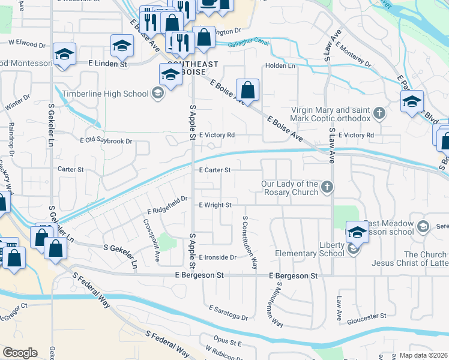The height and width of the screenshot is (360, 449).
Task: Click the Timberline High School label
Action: [105, 94]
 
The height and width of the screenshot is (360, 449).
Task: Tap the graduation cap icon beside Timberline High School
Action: [157, 92]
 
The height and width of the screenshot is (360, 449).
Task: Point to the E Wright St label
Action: [215, 205]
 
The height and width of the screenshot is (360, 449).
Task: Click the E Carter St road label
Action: [215, 170]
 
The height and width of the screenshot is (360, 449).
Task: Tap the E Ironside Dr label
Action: [217, 257]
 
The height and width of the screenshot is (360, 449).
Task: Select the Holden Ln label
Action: [278, 66]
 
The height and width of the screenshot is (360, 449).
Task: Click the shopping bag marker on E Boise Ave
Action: [247, 91]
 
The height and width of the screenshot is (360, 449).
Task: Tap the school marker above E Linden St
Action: [122, 46]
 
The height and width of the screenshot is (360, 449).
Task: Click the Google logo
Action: [19, 353]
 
